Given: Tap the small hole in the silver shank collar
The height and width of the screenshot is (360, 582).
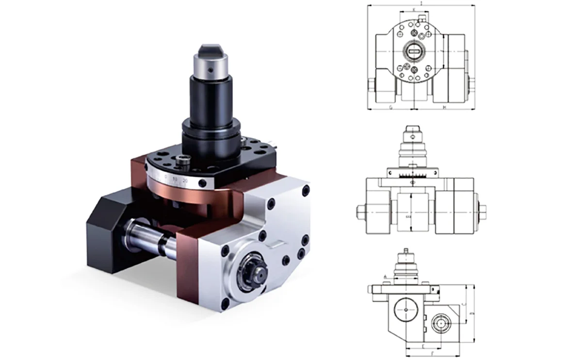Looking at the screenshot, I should click(210, 69).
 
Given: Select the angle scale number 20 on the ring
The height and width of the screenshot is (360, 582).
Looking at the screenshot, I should click(185, 181).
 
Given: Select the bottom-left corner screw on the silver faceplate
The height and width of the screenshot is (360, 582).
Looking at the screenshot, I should click(225, 305).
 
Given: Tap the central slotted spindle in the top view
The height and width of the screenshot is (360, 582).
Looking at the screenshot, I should click(414, 51).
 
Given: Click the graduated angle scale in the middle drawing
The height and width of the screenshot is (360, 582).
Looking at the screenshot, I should click(412, 174).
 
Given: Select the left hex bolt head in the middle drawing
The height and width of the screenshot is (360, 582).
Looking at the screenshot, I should click(361, 212).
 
